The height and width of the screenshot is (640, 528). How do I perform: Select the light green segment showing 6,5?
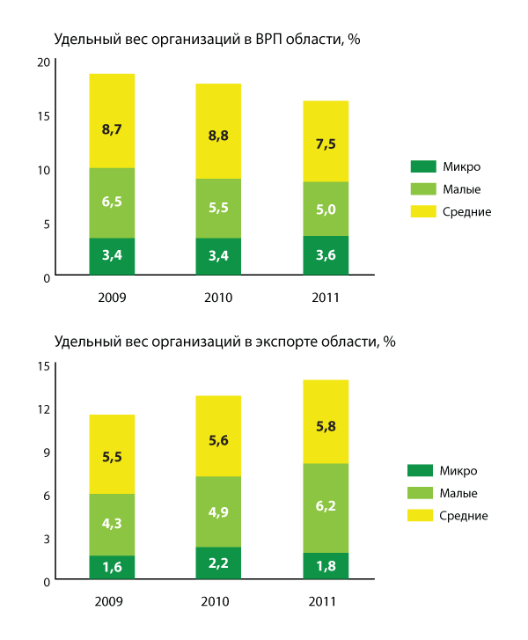[112, 202]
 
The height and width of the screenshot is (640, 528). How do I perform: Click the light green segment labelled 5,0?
[326, 209]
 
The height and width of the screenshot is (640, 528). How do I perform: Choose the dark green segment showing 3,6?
[326, 255]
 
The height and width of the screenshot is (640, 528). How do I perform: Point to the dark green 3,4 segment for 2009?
[112, 256]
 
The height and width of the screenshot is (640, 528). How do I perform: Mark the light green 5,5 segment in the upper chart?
[218, 209]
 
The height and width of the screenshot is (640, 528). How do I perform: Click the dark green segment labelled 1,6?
[112, 567]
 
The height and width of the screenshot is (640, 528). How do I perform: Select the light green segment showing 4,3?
[112, 525]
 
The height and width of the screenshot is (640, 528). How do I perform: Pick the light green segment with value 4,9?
[218, 511]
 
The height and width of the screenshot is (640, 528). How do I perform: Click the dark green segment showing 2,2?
[218, 563]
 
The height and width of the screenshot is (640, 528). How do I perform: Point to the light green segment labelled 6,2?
[326, 508]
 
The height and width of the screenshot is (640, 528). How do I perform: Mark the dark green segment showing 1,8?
[326, 565]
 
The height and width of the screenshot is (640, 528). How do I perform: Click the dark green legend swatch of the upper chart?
[423, 166]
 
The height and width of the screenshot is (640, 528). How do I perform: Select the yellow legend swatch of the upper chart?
[423, 211]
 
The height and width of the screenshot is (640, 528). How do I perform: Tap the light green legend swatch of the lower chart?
[421, 493]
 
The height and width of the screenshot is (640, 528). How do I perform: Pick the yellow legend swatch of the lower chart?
[421, 515]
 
